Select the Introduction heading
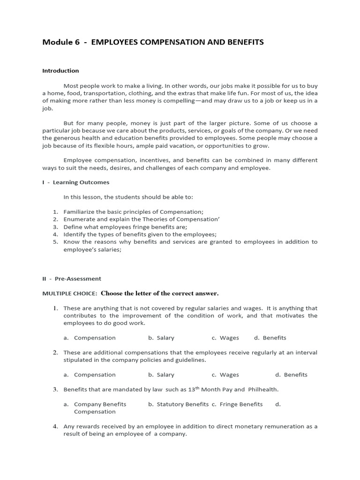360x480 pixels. [60, 71]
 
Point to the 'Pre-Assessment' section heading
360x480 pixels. [78, 279]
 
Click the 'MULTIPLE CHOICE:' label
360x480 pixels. [70, 293]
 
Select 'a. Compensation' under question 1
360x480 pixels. [90, 337]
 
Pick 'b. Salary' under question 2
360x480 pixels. [161, 375]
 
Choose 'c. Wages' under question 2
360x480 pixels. [225, 375]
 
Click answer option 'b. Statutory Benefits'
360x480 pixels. [179, 404]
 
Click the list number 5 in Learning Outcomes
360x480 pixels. [55, 242]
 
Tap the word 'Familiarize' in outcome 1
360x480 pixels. [79, 212]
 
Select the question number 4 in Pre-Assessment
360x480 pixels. [55, 427]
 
